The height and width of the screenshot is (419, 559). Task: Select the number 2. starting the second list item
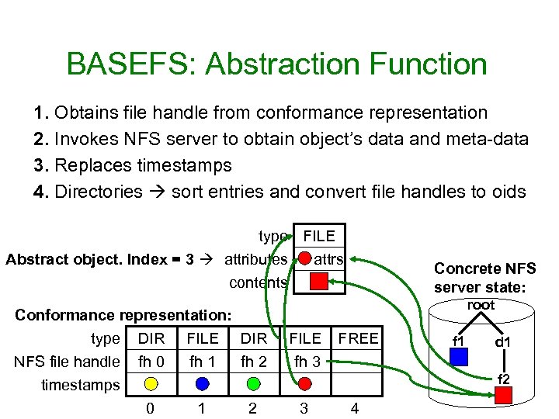(43, 139)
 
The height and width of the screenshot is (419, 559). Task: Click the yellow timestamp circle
(151, 383)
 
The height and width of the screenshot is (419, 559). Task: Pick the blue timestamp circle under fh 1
(202, 383)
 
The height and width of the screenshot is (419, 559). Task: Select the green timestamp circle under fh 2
(253, 383)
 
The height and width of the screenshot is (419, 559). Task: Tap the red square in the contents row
(318, 282)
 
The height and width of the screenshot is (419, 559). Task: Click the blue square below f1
(460, 356)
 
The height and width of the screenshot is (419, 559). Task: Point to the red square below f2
(505, 395)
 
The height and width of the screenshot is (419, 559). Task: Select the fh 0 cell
(151, 361)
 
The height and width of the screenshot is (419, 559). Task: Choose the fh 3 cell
(305, 361)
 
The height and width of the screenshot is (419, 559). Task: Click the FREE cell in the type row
(358, 338)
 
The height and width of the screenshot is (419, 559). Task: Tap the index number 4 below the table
(355, 408)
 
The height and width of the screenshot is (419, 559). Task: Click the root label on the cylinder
(481, 305)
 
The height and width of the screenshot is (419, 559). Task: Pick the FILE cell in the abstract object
(318, 236)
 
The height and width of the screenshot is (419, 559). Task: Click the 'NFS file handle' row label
(66, 361)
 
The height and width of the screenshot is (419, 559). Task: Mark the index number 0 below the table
(150, 408)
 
